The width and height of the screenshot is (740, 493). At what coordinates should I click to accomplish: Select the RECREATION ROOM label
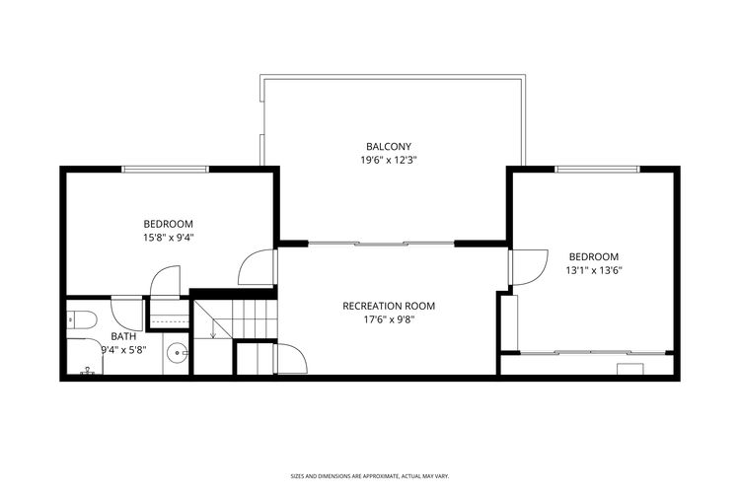[x=389, y=306]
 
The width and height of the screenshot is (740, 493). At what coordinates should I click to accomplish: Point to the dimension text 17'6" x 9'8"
[x=389, y=318]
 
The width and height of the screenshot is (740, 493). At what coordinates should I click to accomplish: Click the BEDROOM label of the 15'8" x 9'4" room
[x=168, y=224]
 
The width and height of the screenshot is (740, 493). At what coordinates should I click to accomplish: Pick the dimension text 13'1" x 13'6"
[x=593, y=269]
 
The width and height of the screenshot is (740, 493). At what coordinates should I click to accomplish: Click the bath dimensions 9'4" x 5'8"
[x=123, y=348]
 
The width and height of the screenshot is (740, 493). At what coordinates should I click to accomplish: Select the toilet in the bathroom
[x=80, y=319]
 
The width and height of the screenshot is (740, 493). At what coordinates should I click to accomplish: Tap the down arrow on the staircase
[x=213, y=332]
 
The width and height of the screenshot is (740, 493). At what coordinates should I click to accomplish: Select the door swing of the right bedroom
[x=528, y=266]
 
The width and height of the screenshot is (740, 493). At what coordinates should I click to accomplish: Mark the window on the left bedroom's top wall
[x=165, y=169]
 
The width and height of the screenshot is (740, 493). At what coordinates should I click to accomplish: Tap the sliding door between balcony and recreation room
[x=382, y=242]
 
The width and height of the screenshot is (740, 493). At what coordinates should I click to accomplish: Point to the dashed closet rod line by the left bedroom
[x=168, y=320]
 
